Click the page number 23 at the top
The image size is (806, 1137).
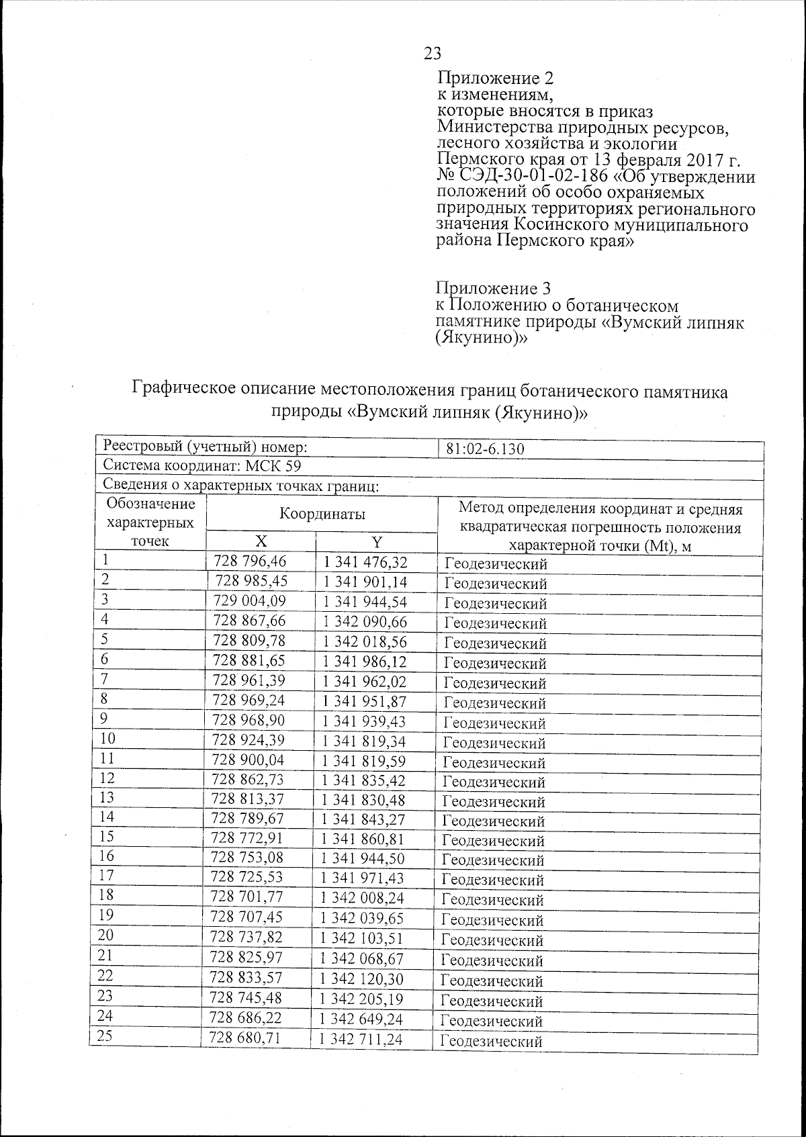[433, 53]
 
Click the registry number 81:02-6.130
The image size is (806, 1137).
[485, 449]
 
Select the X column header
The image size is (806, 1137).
[261, 543]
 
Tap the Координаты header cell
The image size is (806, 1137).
[322, 515]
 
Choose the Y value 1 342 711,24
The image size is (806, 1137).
[361, 1040]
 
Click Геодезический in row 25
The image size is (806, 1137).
[491, 1042]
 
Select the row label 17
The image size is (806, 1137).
[106, 876]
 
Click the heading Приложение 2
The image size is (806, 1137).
[495, 78]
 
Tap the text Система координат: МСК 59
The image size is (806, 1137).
[202, 466]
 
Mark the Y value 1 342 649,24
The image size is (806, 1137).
[361, 1019]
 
